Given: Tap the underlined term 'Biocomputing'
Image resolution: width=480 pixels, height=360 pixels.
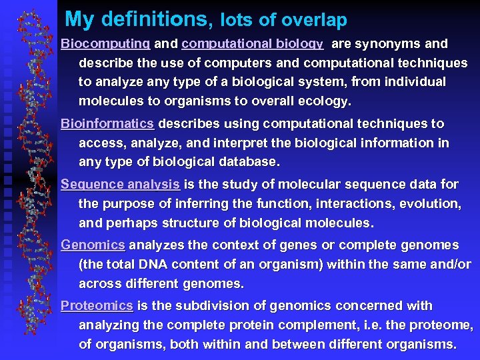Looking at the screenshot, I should point(105,44).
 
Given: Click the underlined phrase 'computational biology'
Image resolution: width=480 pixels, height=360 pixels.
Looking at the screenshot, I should point(252,44).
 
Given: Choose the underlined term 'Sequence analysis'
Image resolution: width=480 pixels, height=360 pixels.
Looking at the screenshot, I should point(120,185).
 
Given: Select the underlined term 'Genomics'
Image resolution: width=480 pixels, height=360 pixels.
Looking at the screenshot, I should point(93,245).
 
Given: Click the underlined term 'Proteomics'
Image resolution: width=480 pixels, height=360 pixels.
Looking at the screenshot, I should point(97,306).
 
